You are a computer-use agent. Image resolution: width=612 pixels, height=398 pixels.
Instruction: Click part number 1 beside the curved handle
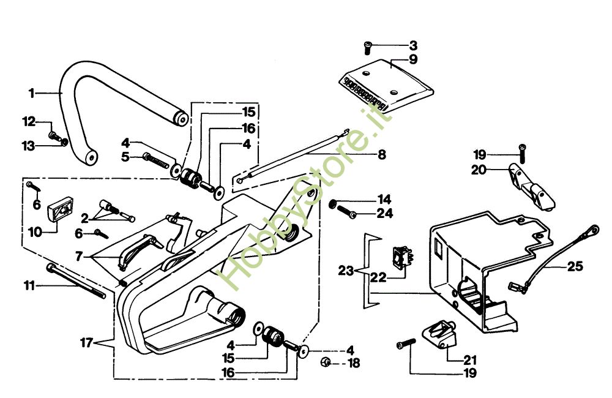(31, 93)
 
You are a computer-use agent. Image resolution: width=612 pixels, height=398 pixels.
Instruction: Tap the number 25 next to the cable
(575, 266)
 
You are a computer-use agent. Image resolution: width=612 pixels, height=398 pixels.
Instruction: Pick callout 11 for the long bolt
(29, 285)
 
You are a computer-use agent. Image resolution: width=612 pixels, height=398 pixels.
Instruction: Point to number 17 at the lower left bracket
(86, 343)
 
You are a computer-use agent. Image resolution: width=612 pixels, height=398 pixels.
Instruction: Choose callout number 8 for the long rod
(381, 155)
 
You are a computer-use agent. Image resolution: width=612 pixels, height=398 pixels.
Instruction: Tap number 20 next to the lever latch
(478, 170)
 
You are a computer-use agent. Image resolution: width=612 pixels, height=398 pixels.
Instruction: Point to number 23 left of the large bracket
(346, 269)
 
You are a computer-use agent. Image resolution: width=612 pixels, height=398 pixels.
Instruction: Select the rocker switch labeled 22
(402, 257)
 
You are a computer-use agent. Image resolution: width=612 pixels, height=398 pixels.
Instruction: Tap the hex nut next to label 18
(326, 362)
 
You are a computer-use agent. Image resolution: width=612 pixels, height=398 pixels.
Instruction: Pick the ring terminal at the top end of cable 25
(591, 231)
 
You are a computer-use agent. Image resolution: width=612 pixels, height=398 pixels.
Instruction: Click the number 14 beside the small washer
(384, 200)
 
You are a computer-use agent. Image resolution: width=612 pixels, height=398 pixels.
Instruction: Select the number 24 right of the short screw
(384, 214)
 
